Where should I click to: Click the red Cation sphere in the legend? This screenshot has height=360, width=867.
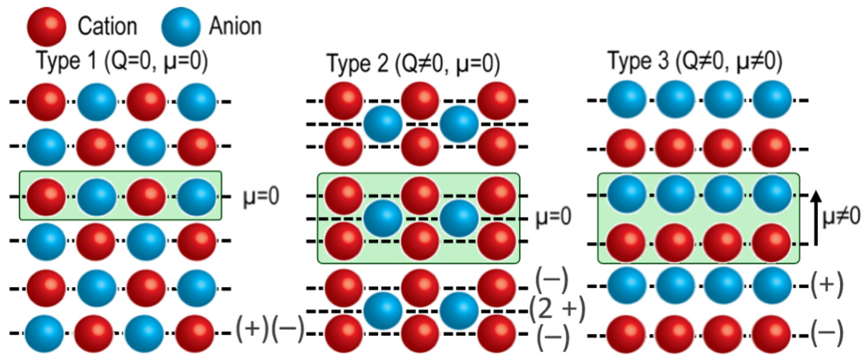[x=46, y=27]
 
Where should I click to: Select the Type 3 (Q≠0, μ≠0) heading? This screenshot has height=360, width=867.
[x=695, y=62]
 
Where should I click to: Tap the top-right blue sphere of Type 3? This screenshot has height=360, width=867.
[x=772, y=100]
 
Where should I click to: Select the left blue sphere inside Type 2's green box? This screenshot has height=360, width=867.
[x=383, y=218]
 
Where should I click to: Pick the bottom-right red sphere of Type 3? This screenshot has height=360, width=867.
[x=771, y=334]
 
